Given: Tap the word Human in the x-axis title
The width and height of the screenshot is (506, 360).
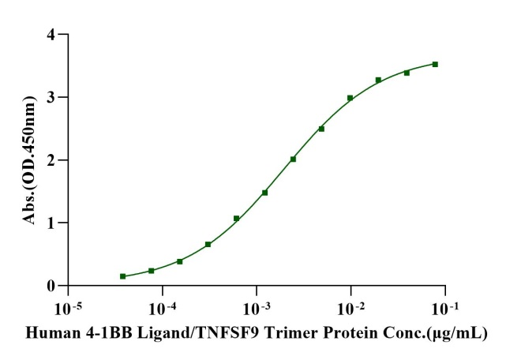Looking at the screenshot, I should tap(50, 334).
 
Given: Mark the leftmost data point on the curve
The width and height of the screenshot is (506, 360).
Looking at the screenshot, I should tap(122, 276).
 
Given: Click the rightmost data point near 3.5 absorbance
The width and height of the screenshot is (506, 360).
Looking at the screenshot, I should tap(435, 64).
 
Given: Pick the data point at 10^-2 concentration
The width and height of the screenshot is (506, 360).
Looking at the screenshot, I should tap(350, 98).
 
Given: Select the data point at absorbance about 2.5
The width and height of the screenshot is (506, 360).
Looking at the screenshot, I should tap(321, 129).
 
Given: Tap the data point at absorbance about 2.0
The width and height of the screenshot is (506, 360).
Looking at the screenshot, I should tap(293, 159).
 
